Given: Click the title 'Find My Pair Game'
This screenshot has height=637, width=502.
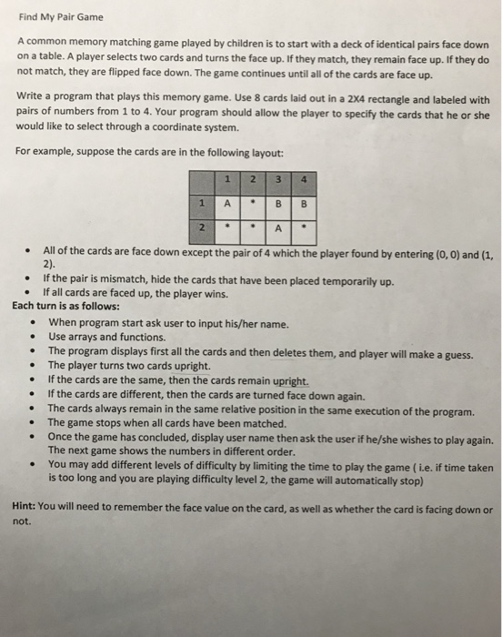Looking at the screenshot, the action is (63, 16).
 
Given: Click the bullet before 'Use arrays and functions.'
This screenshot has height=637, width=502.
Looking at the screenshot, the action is (33, 338).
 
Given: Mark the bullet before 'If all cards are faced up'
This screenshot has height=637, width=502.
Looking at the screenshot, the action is (33, 294).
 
